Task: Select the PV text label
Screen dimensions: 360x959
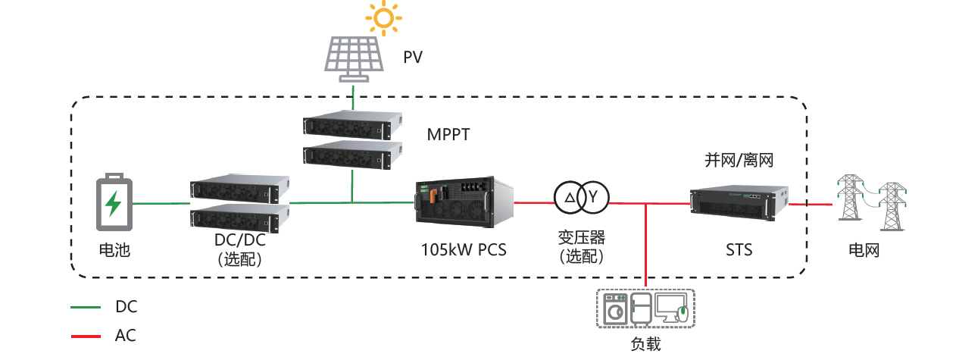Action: coord(413,58)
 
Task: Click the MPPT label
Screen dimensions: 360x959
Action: coord(448,135)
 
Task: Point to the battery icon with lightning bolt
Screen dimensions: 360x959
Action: coord(114,204)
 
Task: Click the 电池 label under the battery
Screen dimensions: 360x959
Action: coord(114,250)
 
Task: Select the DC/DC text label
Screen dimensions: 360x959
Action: coord(239,241)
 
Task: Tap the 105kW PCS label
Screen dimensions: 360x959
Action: coord(464,249)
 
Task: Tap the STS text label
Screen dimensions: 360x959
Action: coord(738,249)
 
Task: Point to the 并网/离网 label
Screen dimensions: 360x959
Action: coord(739,161)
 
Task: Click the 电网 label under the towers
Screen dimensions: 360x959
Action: coord(864,250)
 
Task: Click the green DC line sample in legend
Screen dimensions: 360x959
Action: coord(85,308)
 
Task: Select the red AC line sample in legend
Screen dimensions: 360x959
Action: coord(85,336)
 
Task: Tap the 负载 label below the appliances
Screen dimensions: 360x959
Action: coord(645,345)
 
